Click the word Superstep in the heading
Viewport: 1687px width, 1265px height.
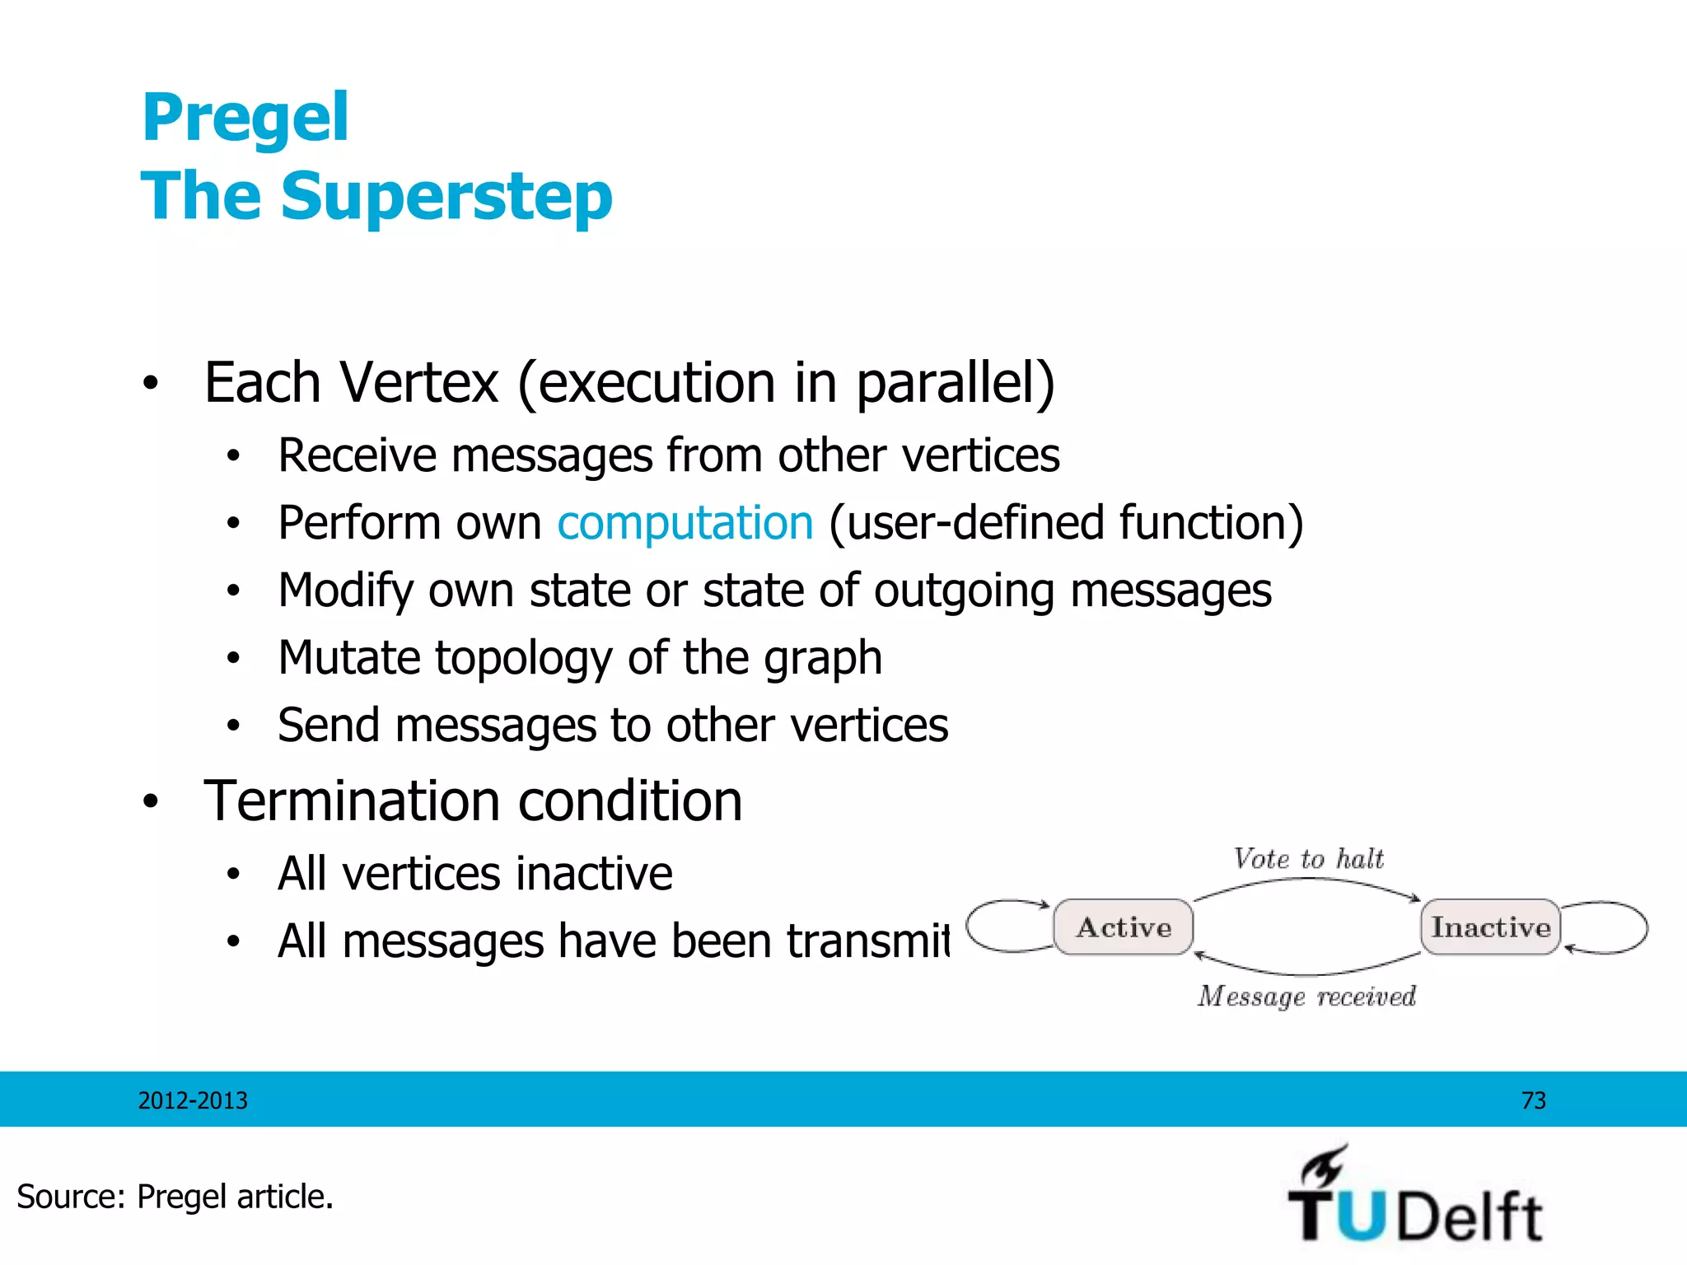[446, 198]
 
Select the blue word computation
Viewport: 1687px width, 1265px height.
[685, 523]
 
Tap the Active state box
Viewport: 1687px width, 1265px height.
[1124, 927]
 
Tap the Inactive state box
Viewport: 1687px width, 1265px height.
[1490, 927]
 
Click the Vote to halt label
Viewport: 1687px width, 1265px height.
[1308, 859]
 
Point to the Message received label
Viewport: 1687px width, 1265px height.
[1306, 997]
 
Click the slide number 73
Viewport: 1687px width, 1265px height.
[1533, 1100]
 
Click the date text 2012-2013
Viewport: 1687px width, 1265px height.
[193, 1100]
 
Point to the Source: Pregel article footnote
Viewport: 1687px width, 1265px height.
[175, 1197]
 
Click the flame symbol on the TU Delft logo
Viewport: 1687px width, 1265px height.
[1324, 1165]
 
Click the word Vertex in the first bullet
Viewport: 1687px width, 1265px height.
[419, 383]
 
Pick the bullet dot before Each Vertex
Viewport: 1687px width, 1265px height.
[150, 385]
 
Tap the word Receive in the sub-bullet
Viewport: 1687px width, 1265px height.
[357, 455]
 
